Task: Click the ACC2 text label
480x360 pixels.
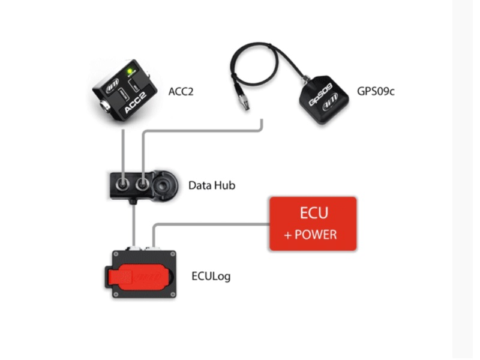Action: pyautogui.click(x=181, y=91)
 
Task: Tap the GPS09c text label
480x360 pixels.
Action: pyautogui.click(x=376, y=91)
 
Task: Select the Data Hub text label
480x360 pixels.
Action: pyautogui.click(x=212, y=185)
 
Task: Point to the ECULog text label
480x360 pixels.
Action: pyautogui.click(x=211, y=276)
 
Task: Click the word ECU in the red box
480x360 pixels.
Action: pyautogui.click(x=314, y=213)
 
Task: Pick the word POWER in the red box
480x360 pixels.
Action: pyautogui.click(x=316, y=235)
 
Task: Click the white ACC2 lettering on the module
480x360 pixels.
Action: pyautogui.click(x=135, y=103)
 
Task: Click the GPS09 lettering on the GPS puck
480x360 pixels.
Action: pyautogui.click(x=320, y=94)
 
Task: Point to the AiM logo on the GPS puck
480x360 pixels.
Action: pyautogui.click(x=331, y=102)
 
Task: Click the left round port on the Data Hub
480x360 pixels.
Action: pyautogui.click(x=122, y=185)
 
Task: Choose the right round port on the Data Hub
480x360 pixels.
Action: pyautogui.click(x=142, y=185)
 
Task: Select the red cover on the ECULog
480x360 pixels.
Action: pyautogui.click(x=139, y=277)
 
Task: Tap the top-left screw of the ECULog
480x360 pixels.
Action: pyautogui.click(x=116, y=254)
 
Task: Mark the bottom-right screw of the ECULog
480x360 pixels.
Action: pyautogui.click(x=173, y=295)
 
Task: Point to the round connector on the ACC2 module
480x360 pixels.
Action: pyautogui.click(x=104, y=107)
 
